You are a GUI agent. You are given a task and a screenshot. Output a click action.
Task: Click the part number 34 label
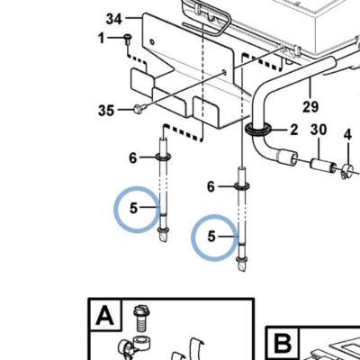pos(114,20)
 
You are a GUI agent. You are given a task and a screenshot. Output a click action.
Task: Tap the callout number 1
pos(102,38)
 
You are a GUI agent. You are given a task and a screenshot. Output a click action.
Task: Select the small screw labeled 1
pos(128,40)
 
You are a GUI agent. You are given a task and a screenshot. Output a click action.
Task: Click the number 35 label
pos(106,111)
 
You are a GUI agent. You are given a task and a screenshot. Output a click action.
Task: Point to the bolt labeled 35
pos(139,108)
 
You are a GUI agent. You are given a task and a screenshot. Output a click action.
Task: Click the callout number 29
pos(310,107)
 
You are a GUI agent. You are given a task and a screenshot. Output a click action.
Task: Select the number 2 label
pos(293,130)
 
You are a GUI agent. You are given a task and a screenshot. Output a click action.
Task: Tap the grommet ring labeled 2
pos(258,130)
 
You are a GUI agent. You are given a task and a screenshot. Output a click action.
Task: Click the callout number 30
pos(319,130)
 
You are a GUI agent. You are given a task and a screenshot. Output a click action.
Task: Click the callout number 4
pos(347,135)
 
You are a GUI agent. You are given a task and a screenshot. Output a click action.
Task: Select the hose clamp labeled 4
pos(347,171)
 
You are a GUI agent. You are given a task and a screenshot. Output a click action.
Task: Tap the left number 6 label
pos(133,157)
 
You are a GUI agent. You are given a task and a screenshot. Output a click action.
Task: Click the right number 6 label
pos(211,187)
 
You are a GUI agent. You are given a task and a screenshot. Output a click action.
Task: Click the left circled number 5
pos(133,208)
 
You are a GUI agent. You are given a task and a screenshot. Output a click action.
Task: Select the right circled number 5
pos(211,237)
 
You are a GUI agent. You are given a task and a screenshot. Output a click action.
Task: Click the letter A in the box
pos(105,315)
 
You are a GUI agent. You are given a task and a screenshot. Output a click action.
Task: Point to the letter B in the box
pos(283,344)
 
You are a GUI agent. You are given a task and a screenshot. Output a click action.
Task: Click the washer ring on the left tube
pos(163,157)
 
